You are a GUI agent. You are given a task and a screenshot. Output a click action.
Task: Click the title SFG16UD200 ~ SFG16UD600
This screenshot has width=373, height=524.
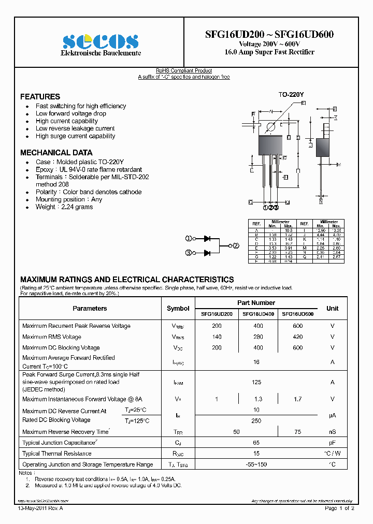point(269,34)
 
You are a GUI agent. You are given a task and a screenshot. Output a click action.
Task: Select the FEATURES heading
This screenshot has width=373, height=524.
point(40,97)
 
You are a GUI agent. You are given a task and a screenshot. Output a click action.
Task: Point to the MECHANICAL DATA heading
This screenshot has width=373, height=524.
point(56,153)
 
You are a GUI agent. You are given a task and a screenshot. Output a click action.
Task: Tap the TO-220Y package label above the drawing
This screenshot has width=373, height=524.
point(291,95)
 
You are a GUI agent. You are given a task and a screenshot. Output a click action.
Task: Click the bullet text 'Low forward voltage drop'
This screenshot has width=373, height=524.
point(71,113)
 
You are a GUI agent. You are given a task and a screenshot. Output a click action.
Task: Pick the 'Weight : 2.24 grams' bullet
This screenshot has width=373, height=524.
point(64,207)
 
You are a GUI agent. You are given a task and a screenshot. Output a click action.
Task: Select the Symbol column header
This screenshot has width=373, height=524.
point(178,309)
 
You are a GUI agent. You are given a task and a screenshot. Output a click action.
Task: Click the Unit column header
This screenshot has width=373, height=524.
point(332,309)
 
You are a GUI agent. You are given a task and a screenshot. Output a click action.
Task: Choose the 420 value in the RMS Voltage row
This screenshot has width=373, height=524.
point(297,337)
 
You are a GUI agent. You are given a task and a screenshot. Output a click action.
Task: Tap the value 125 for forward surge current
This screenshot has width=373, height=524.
point(256,382)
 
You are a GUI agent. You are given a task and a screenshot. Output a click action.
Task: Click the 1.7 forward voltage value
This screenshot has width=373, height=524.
point(297,399)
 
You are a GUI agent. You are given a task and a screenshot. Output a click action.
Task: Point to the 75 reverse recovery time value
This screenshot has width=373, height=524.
point(297,432)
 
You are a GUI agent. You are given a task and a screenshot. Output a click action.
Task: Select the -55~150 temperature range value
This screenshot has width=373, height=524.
point(256,464)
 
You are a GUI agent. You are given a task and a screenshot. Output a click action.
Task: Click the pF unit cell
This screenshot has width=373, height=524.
point(332,443)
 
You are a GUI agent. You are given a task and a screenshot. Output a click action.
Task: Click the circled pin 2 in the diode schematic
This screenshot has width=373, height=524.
point(236,245)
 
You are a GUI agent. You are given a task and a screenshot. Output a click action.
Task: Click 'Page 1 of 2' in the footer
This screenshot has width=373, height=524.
point(339,509)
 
